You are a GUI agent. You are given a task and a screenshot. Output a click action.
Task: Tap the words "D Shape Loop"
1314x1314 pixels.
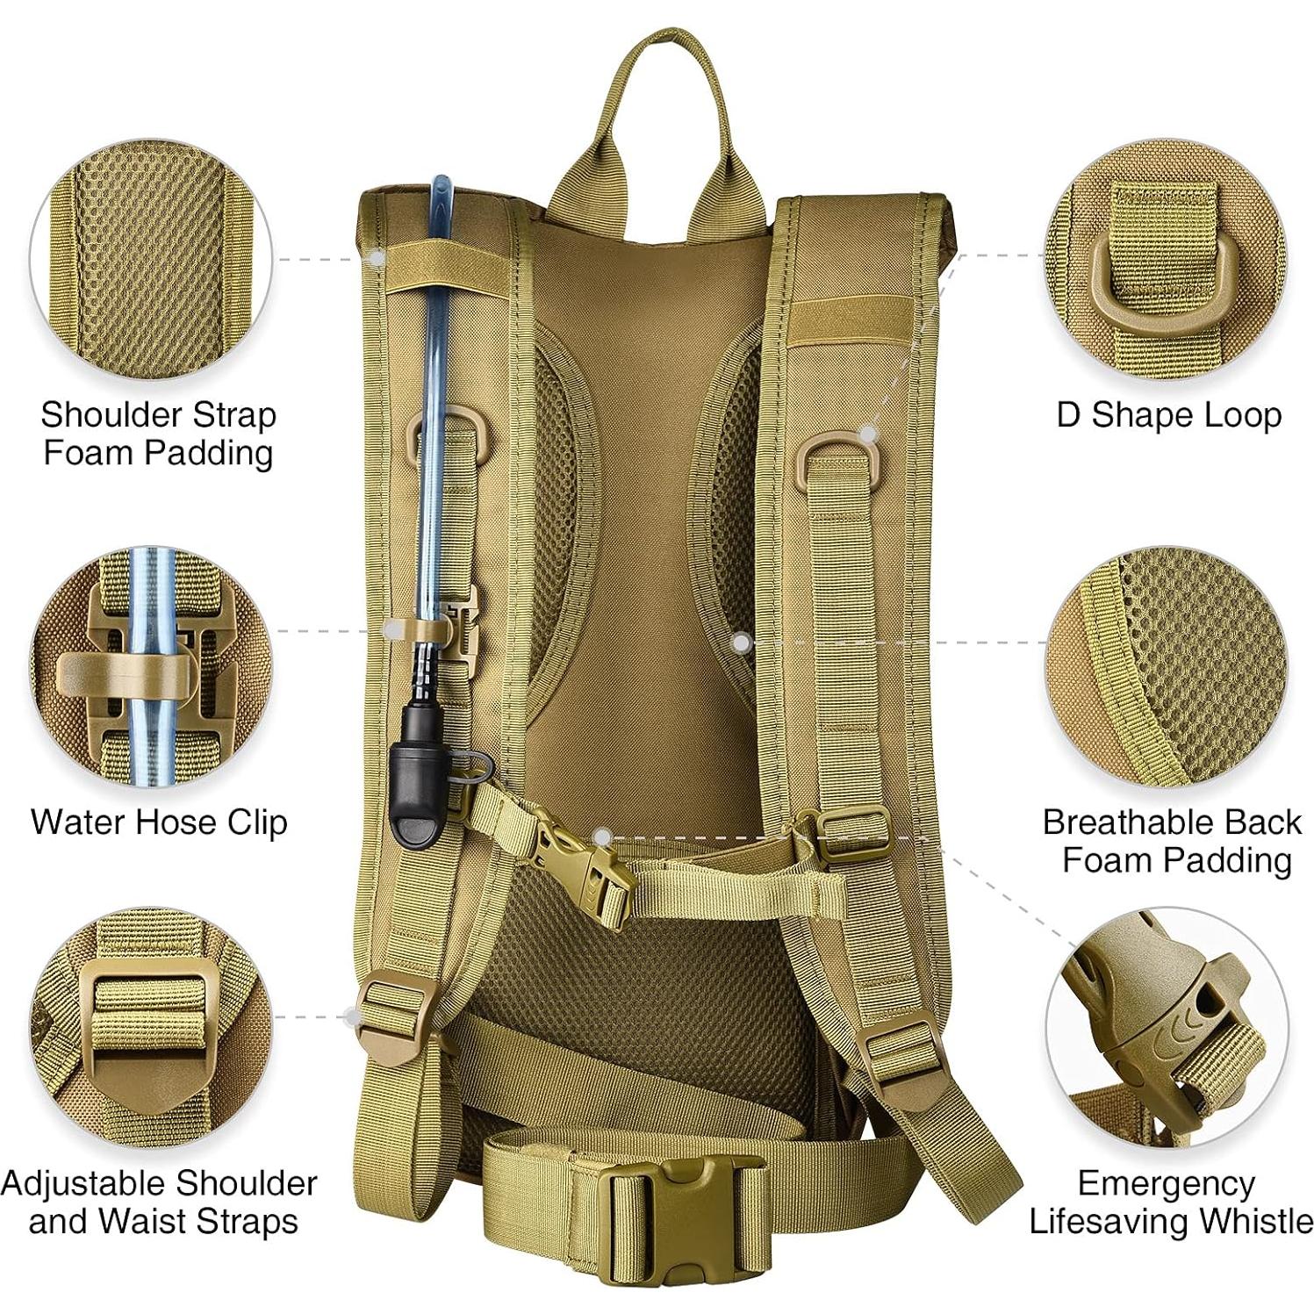1168,415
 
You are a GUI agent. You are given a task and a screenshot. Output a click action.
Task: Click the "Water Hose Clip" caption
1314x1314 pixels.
159,822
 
